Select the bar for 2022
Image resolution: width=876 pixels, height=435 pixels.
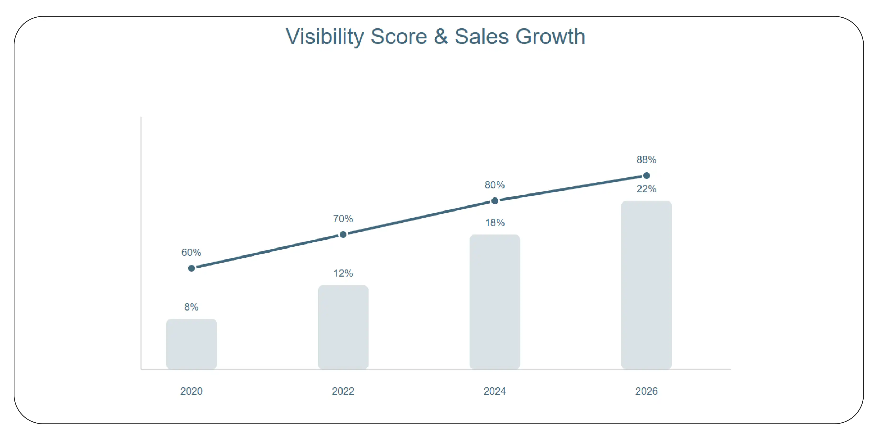[x=343, y=327]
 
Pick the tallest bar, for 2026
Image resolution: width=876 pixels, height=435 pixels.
[x=646, y=285]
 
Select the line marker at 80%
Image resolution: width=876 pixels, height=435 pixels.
[x=495, y=201]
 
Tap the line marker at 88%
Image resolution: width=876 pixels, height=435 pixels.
[x=646, y=176]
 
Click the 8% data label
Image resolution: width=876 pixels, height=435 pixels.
[x=192, y=307]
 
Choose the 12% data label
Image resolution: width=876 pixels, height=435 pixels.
[x=343, y=273]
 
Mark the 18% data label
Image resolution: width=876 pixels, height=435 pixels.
[x=495, y=223]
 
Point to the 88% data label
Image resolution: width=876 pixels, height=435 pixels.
[x=646, y=159]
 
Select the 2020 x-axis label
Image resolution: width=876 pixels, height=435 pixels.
[x=192, y=391]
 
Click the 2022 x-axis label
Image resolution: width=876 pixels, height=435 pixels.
[x=343, y=391]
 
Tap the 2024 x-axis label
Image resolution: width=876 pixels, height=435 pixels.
[x=495, y=391]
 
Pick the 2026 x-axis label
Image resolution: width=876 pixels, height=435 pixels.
[x=646, y=391]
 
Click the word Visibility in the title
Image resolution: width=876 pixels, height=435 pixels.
[x=325, y=37]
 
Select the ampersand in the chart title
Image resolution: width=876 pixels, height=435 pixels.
[x=441, y=37]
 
